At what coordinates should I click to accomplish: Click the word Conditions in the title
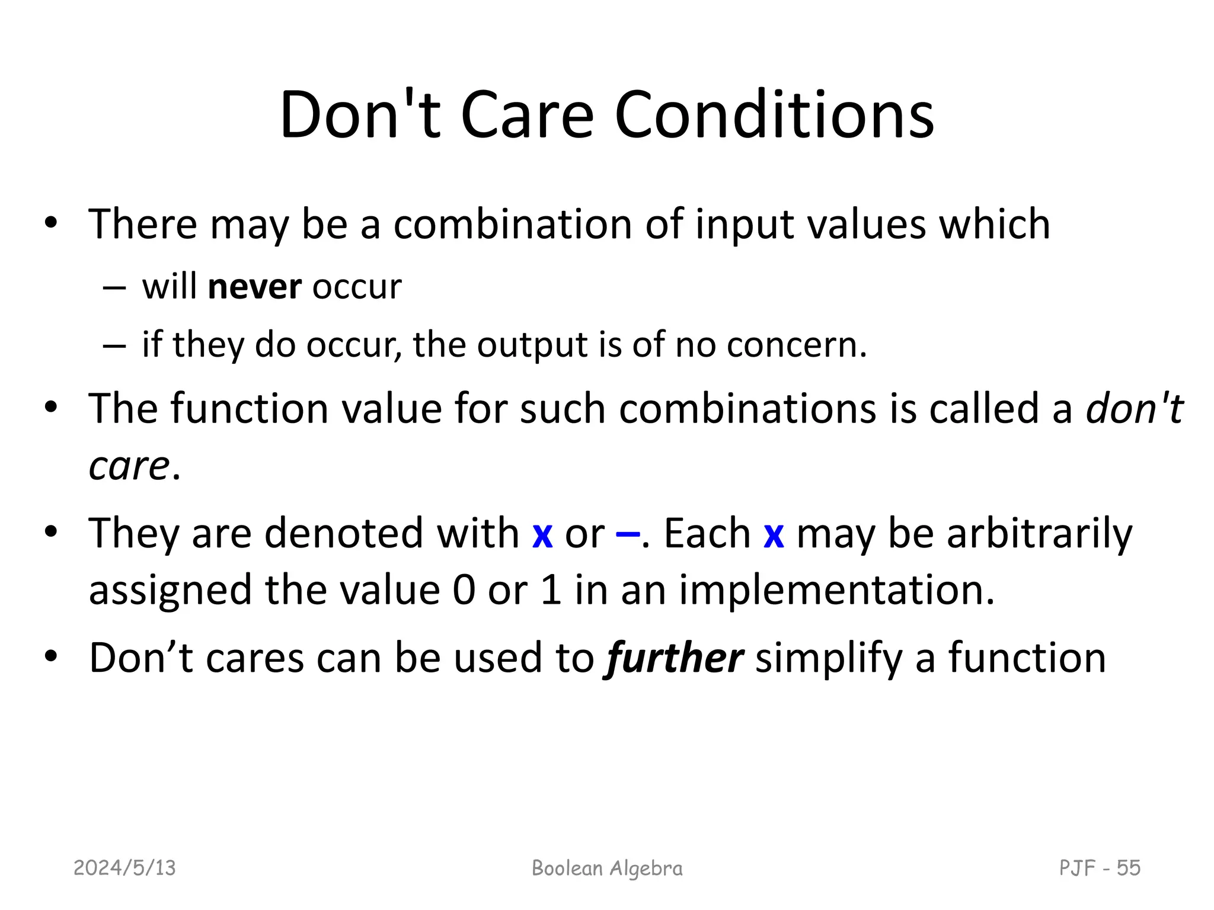(x=774, y=115)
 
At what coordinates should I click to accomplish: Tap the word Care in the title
(x=526, y=115)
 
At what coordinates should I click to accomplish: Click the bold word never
(x=255, y=287)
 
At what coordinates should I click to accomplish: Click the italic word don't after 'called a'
(x=1134, y=409)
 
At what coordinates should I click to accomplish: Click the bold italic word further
(x=674, y=658)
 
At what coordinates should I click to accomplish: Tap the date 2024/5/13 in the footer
(x=124, y=868)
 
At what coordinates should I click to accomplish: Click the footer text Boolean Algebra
(x=607, y=868)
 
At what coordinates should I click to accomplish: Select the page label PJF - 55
(x=1100, y=868)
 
